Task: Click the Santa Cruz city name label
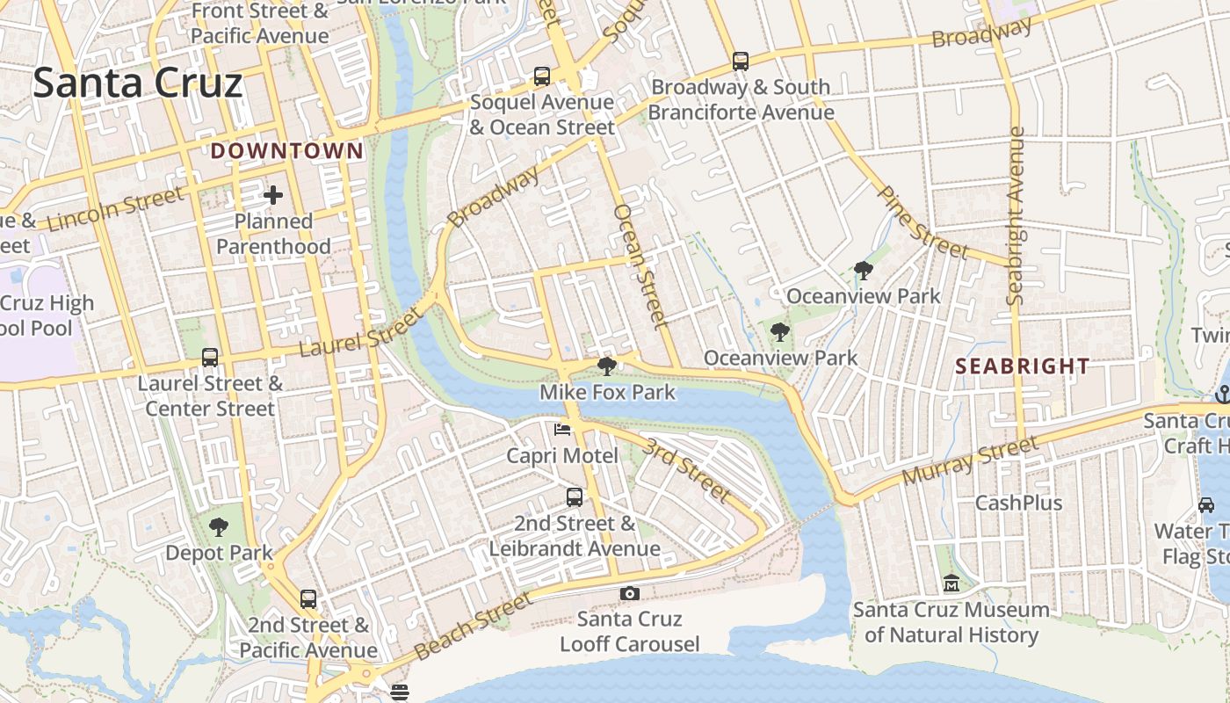click(x=138, y=83)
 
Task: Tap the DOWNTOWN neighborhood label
click(x=286, y=151)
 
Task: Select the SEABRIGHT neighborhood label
click(x=1022, y=366)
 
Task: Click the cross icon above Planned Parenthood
click(x=273, y=195)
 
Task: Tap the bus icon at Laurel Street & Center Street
click(x=210, y=358)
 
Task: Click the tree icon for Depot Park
click(x=218, y=527)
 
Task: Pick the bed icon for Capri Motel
click(x=562, y=430)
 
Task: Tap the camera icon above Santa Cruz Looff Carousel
click(x=629, y=594)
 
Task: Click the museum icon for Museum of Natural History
click(x=951, y=583)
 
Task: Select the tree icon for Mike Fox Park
click(x=606, y=366)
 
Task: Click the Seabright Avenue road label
click(x=1017, y=216)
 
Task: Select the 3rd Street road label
click(x=686, y=470)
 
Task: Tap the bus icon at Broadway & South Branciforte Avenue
click(x=741, y=62)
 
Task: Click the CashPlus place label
click(x=1019, y=504)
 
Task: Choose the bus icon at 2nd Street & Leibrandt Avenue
click(x=575, y=497)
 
